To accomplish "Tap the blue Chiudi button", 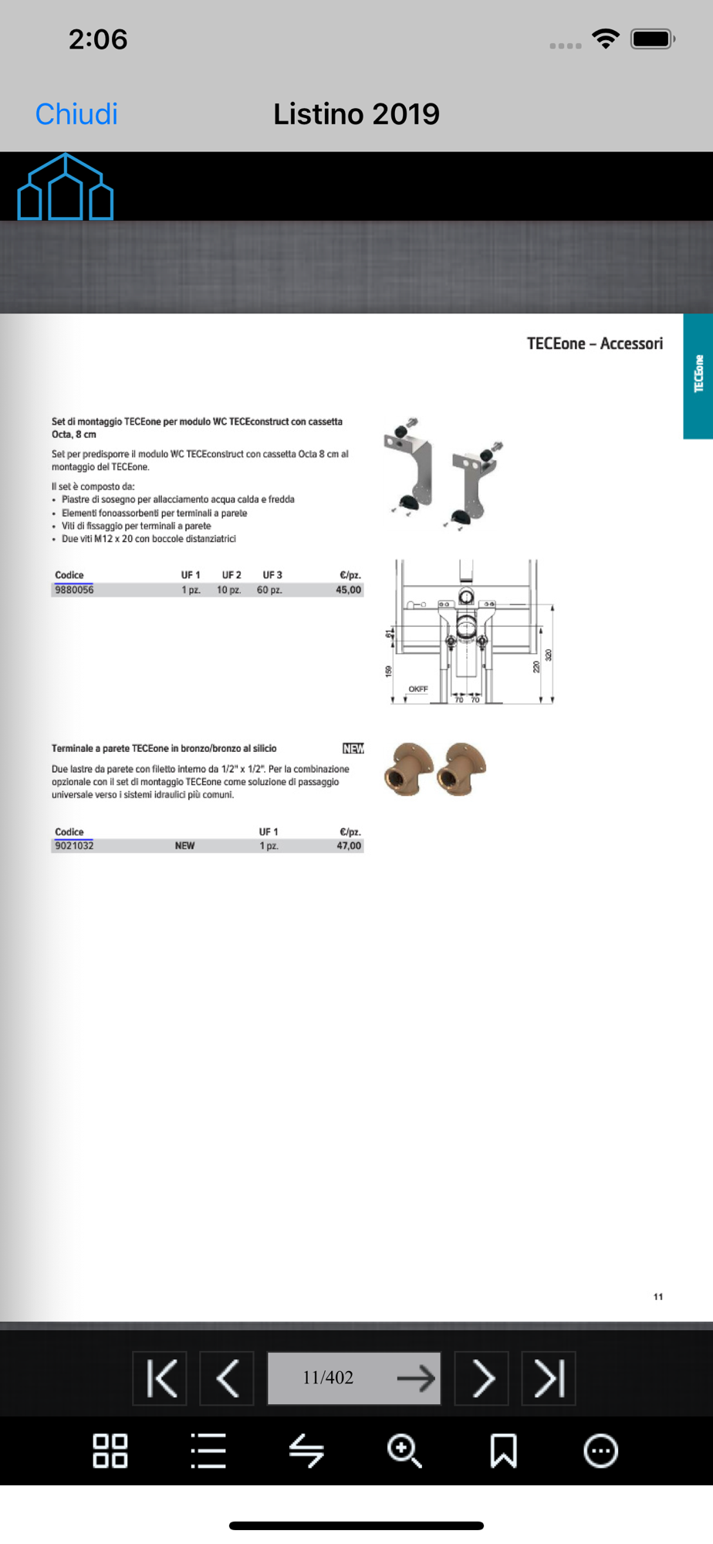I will point(76,114).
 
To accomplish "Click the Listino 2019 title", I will point(356,114).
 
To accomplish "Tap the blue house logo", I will point(66,187).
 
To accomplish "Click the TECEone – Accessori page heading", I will point(594,344).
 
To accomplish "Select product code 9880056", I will point(74,590).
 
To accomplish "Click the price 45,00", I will point(348,590).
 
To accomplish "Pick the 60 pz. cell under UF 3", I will point(269,590).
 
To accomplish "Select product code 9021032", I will point(74,845).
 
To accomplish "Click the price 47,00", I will point(348,845).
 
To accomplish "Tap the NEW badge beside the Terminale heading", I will point(353,748).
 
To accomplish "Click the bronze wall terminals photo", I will point(435,769).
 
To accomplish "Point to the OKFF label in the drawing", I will point(418,689).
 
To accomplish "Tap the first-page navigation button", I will point(160,1378).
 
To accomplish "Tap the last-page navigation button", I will point(549,1378).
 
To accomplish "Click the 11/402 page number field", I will point(329,1378).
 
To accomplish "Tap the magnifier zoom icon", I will point(404,1451).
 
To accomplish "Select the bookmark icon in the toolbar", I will point(503,1451).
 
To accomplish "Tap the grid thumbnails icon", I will point(110,1451).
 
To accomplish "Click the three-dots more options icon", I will point(601,1451).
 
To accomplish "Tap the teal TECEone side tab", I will point(698,375).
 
